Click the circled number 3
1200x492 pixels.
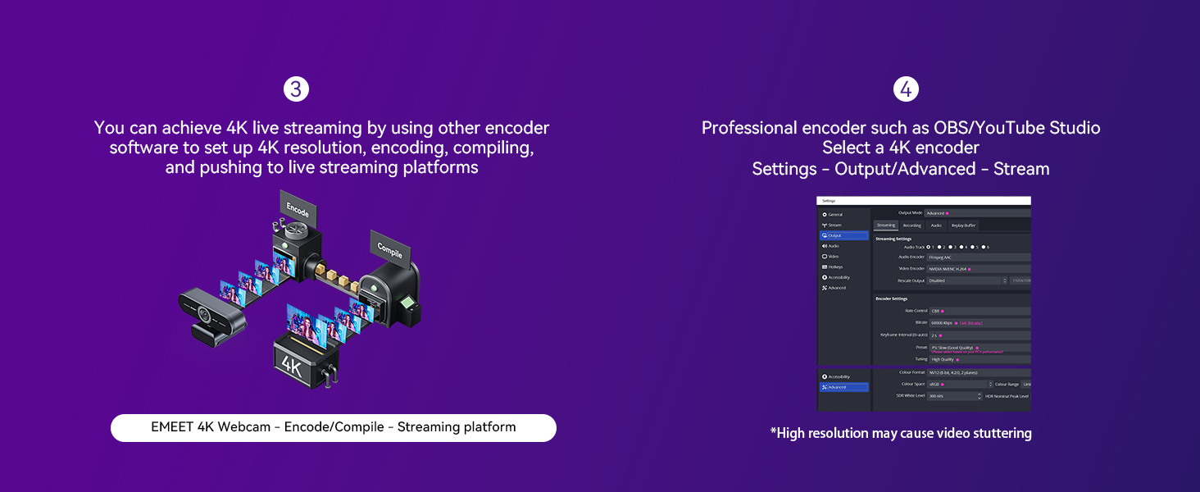[296, 89]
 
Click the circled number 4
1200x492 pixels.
[906, 89]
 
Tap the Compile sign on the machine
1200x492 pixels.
[389, 247]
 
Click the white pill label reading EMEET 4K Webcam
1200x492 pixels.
[333, 427]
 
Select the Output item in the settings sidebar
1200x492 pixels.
[843, 235]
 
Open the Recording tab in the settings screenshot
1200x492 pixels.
[911, 225]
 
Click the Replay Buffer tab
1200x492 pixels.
[963, 225]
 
